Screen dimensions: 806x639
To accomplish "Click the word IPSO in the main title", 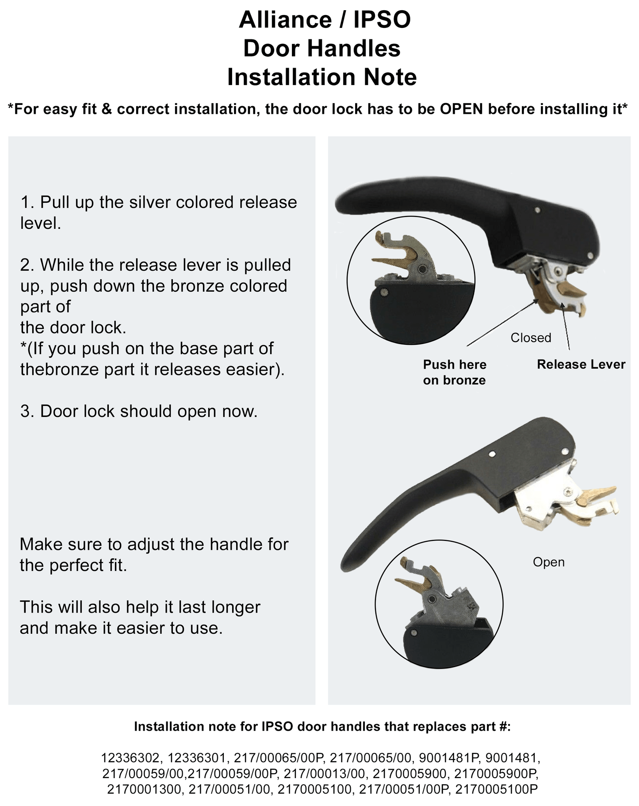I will [x=382, y=20].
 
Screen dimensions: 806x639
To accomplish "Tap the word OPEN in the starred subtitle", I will [x=461, y=109].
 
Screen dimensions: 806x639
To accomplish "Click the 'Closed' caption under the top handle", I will [x=531, y=338].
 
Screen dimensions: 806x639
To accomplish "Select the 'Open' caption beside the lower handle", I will [x=548, y=562].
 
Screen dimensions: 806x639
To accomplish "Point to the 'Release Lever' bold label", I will [x=581, y=364].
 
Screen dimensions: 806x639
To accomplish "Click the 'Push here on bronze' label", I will [x=454, y=372].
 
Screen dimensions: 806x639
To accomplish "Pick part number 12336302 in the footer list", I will [x=130, y=758].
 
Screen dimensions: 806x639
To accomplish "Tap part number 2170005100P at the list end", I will [x=496, y=790].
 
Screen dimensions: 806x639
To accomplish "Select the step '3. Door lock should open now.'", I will [x=139, y=411].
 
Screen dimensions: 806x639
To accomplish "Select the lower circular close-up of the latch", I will [x=439, y=604].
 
